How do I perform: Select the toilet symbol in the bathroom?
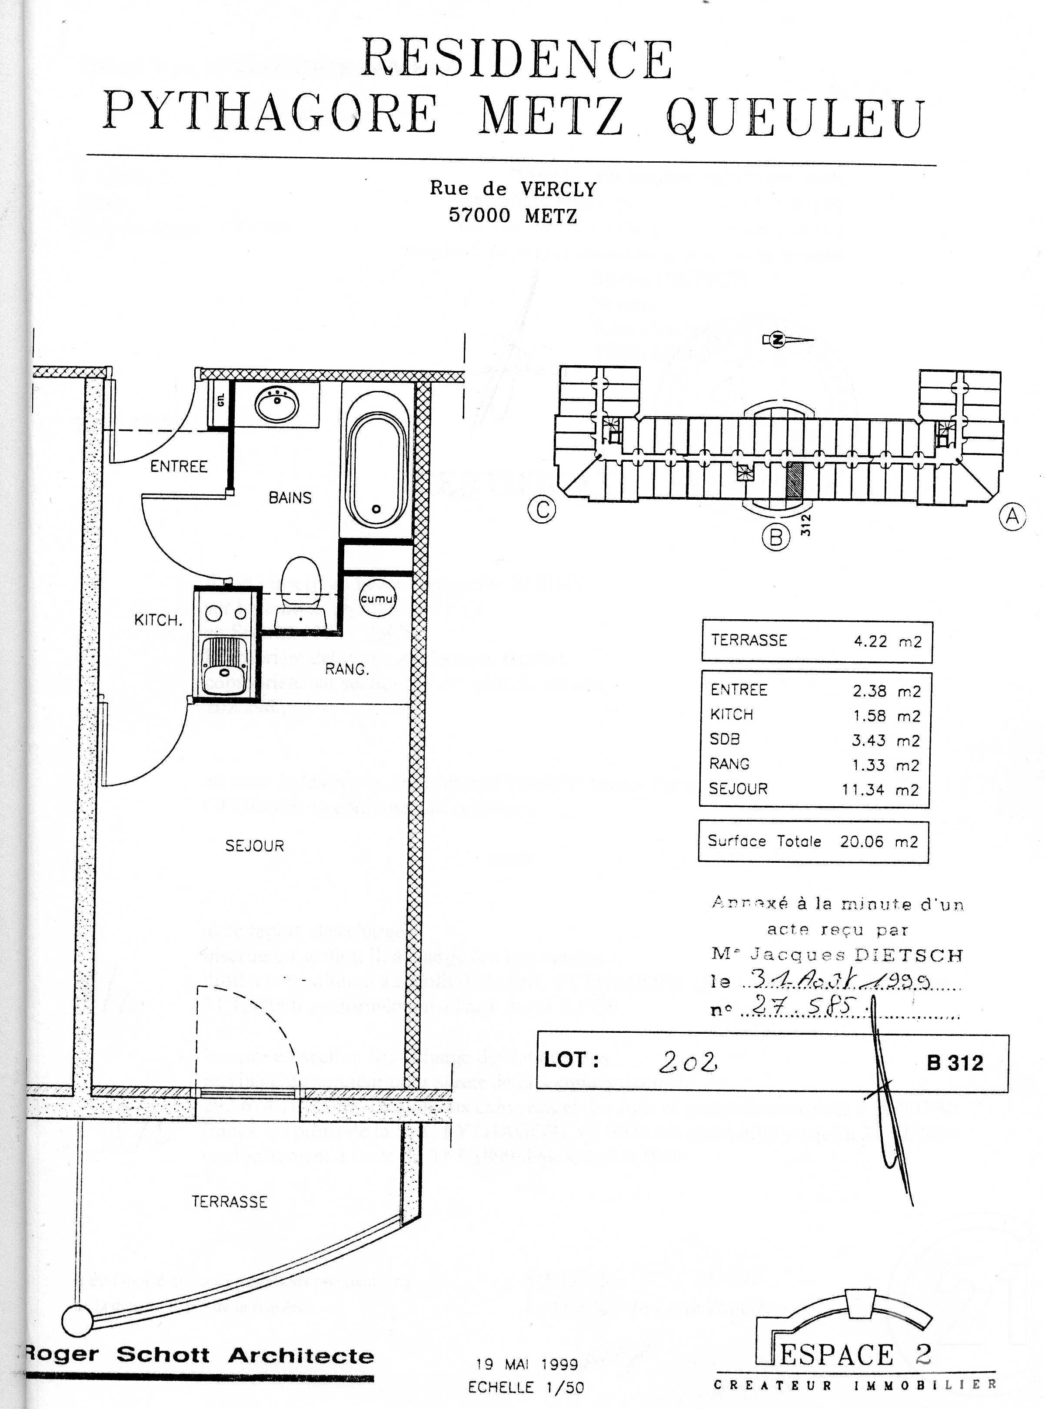point(301,588)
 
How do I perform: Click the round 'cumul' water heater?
point(378,598)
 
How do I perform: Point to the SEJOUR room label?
point(254,846)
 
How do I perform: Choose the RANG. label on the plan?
point(346,669)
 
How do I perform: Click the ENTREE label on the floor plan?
point(179,466)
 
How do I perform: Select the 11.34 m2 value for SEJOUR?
point(880,790)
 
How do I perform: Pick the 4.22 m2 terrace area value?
point(888,641)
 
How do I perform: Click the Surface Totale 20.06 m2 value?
point(878,841)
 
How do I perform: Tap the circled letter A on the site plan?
point(1012,517)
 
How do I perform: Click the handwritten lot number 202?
point(688,1063)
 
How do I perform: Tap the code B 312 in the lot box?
point(955,1063)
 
